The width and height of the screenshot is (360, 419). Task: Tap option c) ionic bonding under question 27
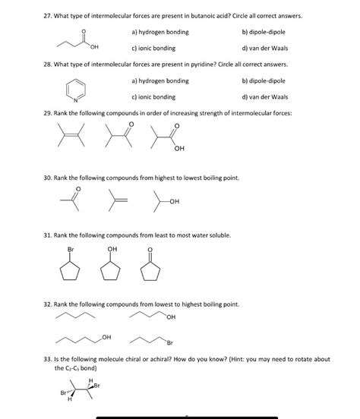153,48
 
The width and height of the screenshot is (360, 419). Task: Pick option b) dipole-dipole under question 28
263,80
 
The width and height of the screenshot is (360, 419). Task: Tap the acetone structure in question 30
69,201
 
